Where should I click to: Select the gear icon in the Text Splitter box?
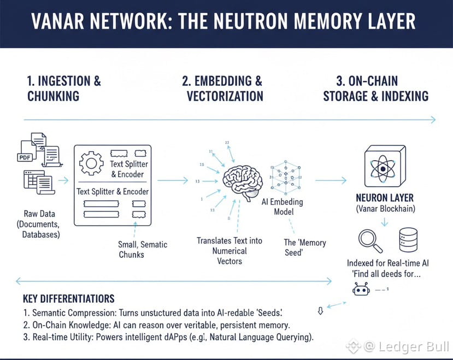click(91, 163)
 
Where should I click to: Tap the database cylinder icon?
click(409, 239)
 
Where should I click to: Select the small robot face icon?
click(361, 290)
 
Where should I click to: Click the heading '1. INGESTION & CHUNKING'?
click(64, 88)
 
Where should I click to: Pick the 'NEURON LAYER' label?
click(384, 197)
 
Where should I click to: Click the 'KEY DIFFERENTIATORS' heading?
click(69, 299)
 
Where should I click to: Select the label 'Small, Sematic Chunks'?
click(143, 249)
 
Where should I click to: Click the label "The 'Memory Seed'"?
click(305, 247)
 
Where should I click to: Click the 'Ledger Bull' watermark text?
click(424, 346)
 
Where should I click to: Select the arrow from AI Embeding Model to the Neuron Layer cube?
click(331, 180)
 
